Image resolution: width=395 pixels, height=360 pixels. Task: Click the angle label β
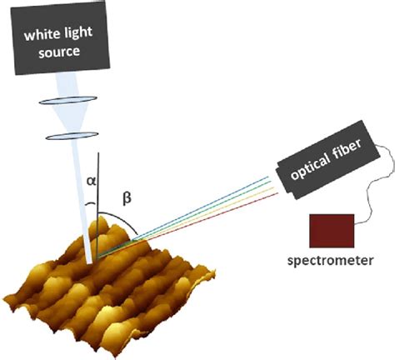(x=127, y=197)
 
